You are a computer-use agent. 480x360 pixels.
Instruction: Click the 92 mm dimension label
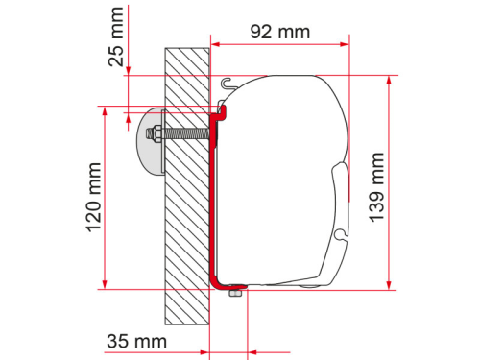279,32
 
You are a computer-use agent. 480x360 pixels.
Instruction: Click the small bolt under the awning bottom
233,293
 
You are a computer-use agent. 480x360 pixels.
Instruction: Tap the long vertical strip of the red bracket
213,202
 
